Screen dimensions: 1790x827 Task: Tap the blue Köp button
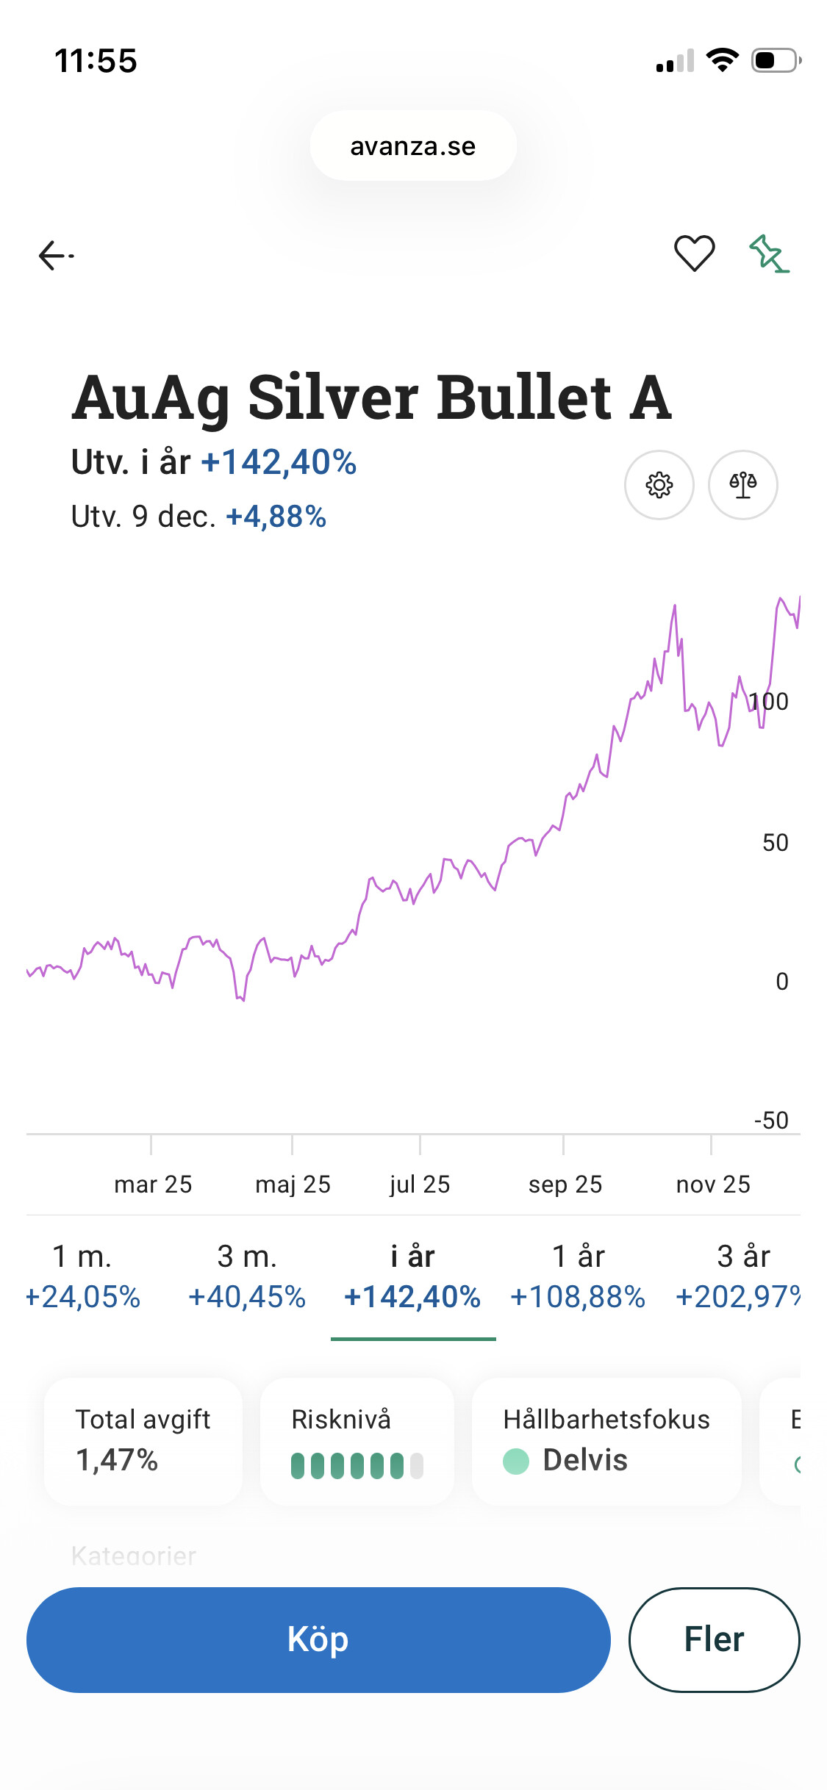tap(318, 1639)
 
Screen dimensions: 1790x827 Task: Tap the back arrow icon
tap(56, 256)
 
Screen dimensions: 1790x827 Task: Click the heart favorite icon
tap(694, 254)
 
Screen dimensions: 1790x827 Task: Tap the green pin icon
tap(768, 254)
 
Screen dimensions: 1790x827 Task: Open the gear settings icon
tap(659, 485)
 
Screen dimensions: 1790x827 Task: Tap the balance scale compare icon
tap(742, 485)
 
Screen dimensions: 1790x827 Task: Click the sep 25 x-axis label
tap(565, 1185)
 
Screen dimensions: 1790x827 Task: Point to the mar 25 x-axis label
tap(153, 1185)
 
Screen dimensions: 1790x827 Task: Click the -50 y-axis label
tap(771, 1120)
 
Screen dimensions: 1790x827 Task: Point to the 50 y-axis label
tap(775, 842)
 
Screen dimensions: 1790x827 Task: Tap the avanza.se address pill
tap(413, 146)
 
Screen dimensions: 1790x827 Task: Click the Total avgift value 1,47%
tap(117, 1460)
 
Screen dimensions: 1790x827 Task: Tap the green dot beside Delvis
tap(516, 1461)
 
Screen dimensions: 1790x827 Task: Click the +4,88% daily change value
tap(276, 517)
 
